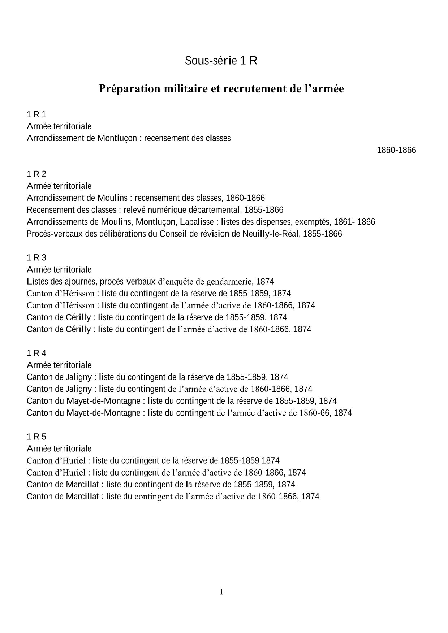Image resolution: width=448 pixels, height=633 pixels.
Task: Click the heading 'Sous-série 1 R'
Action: pyautogui.click(x=221, y=61)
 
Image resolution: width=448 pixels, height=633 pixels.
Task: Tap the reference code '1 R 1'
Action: pyautogui.click(x=36, y=114)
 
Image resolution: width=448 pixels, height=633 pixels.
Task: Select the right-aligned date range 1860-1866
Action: pyautogui.click(x=396, y=150)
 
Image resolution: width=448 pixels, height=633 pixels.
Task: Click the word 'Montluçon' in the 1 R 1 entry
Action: pyautogui.click(x=117, y=138)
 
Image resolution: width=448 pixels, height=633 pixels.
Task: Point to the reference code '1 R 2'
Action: pyautogui.click(x=36, y=174)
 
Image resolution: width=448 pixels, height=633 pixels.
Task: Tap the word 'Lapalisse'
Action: pyautogui.click(x=199, y=222)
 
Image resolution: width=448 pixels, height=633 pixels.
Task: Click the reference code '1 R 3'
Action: pyautogui.click(x=36, y=257)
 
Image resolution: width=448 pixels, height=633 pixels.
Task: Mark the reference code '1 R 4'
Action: pyautogui.click(x=36, y=353)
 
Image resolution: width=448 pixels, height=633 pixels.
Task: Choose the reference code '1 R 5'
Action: pyautogui.click(x=36, y=437)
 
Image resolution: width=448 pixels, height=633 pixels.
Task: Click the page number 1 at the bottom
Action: pyautogui.click(x=221, y=592)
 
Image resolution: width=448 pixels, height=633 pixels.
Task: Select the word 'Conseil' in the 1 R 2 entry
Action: pyautogui.click(x=173, y=234)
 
